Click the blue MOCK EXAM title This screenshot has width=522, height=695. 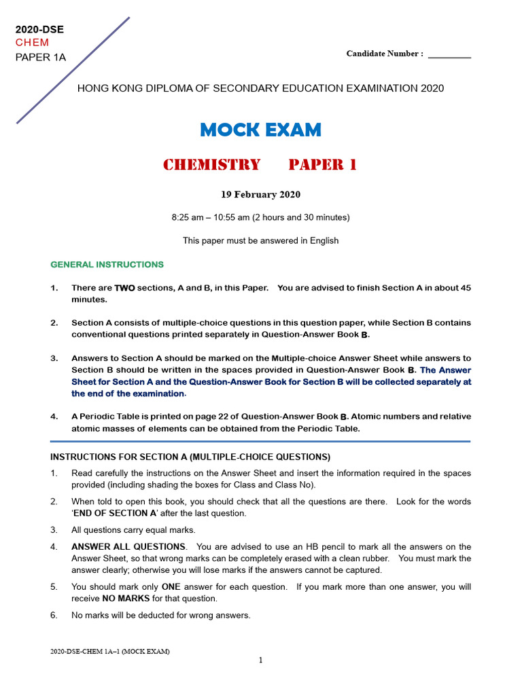(261, 130)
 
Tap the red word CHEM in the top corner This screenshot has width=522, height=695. (33, 43)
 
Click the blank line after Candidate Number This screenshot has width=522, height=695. (449, 54)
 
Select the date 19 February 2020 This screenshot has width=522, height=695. (260, 195)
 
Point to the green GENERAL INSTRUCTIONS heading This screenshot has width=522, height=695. (107, 265)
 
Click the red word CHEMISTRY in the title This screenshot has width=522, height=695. (211, 165)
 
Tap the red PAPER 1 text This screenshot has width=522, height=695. (322, 165)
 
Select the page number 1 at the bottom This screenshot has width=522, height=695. (260, 660)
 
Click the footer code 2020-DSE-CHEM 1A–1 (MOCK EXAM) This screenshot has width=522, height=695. (110, 652)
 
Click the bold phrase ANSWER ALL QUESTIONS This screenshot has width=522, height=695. (128, 546)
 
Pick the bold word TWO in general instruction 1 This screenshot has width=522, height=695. (124, 288)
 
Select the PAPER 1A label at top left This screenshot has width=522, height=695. (41, 57)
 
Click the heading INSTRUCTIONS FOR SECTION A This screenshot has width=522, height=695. (190, 456)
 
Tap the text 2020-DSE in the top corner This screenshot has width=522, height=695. (39, 30)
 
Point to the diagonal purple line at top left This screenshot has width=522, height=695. (73, 71)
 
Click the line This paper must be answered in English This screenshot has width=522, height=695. (260, 240)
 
